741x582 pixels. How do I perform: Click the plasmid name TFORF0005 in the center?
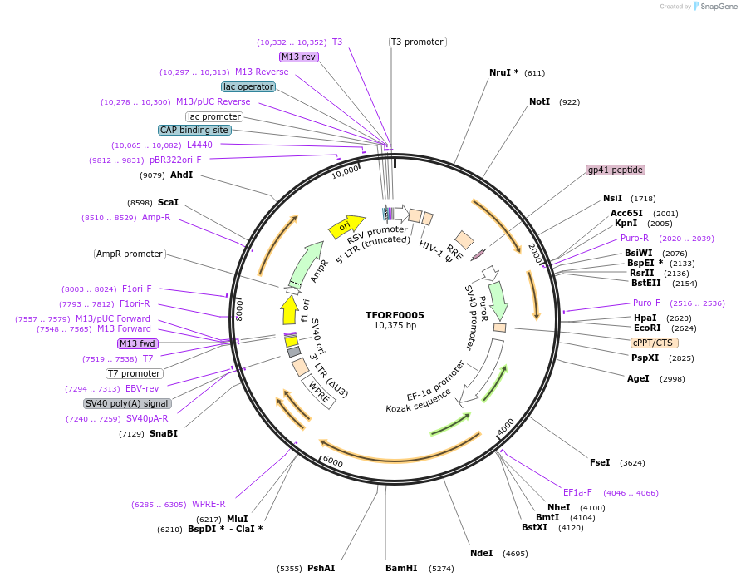[x=395, y=315]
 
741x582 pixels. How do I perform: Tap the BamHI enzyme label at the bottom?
[x=401, y=568]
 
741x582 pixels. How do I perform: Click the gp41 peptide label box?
[x=616, y=170]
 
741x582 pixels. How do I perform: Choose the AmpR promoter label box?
[x=130, y=254]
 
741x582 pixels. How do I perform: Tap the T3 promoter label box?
[x=417, y=42]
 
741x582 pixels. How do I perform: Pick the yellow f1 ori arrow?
[x=289, y=311]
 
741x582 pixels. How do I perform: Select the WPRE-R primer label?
[x=209, y=504]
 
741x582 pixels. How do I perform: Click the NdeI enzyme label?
[x=482, y=553]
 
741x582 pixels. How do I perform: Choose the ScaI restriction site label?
[x=168, y=202]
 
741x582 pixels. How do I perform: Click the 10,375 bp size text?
[x=395, y=325]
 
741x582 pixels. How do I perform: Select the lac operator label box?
[x=248, y=86]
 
